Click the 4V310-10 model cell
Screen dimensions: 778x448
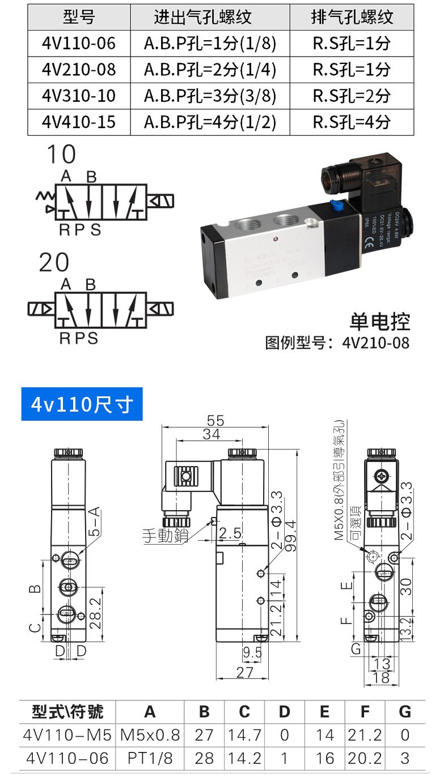(79, 96)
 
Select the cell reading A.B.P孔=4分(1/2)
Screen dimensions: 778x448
(210, 122)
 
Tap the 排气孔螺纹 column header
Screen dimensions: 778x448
(352, 17)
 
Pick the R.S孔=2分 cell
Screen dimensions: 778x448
(352, 96)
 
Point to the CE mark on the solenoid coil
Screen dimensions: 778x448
(371, 245)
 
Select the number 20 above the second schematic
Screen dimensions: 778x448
(54, 263)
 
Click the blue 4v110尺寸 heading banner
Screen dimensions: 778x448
(82, 404)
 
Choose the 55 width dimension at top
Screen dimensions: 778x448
(216, 421)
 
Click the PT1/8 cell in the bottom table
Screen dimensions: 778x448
(150, 758)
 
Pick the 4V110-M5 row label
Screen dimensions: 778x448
(67, 735)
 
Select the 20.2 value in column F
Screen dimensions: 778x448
(365, 758)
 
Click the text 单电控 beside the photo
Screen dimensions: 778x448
(379, 321)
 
